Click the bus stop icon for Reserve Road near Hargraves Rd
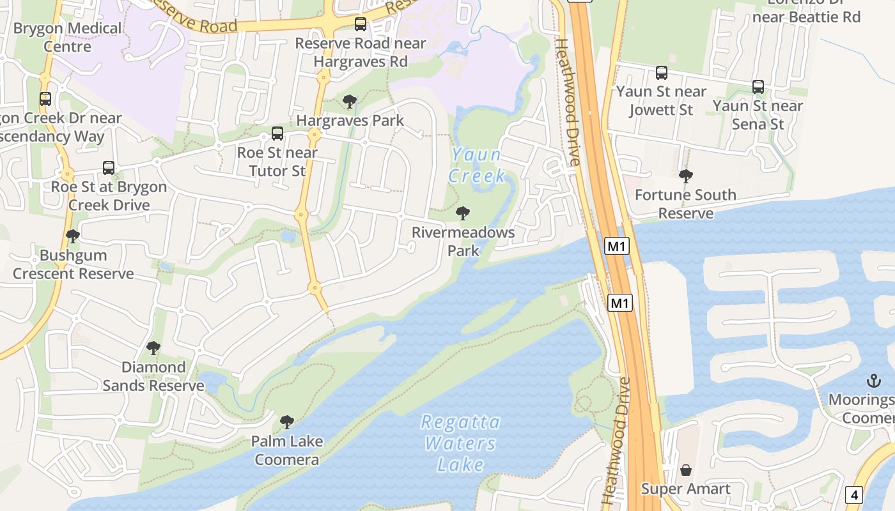(x=361, y=24)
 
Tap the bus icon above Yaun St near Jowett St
(x=662, y=73)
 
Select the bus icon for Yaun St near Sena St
(x=758, y=87)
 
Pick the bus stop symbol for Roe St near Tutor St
(x=277, y=133)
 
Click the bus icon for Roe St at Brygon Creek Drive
(x=109, y=168)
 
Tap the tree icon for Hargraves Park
(x=350, y=102)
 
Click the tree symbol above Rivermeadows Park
(x=463, y=213)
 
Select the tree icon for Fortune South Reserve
(x=686, y=176)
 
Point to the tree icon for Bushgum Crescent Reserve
(x=73, y=236)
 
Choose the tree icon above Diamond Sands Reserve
(x=153, y=348)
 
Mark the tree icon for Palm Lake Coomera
(x=287, y=422)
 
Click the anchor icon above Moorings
(x=873, y=381)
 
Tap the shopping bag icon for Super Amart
(x=686, y=470)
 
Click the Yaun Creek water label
(x=477, y=165)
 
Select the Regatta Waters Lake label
(x=461, y=443)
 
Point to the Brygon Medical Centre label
(x=67, y=37)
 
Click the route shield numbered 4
(x=854, y=494)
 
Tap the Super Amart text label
(x=686, y=489)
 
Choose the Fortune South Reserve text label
(x=686, y=204)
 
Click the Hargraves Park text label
(x=350, y=120)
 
